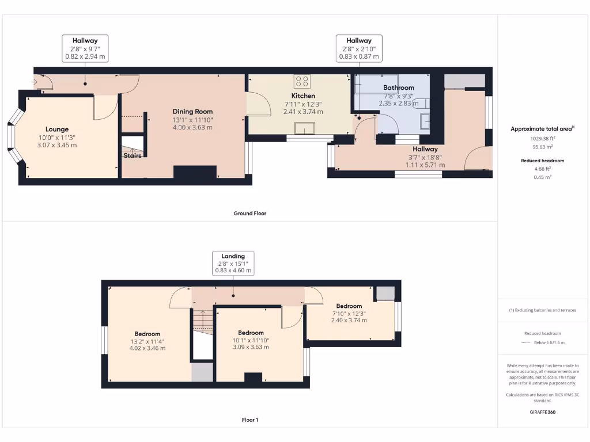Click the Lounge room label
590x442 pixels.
(x=57, y=129)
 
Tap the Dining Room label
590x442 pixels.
(x=192, y=112)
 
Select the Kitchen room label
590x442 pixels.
(x=303, y=96)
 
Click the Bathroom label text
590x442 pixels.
(x=399, y=88)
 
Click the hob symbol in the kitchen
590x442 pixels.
(x=302, y=81)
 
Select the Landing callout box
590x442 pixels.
(x=233, y=263)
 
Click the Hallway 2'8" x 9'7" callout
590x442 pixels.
(x=85, y=48)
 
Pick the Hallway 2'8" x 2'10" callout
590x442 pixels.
(x=359, y=48)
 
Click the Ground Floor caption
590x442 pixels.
(x=249, y=213)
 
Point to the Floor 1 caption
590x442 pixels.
(x=249, y=420)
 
